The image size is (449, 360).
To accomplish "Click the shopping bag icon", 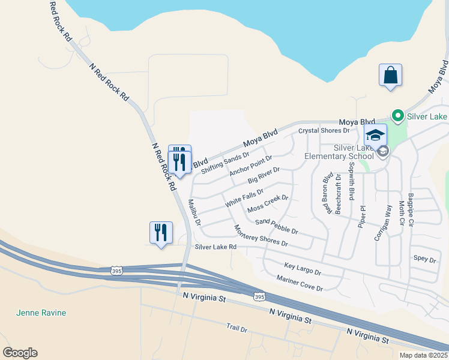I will coord(390,76).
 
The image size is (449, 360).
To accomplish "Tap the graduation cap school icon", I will coord(375,135).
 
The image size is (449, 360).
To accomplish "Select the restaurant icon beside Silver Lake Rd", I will coord(161,233).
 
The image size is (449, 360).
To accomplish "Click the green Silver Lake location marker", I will coord(397,115).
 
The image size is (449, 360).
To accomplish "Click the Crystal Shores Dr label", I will coord(324,130).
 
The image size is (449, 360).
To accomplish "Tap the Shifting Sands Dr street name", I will coord(225,163).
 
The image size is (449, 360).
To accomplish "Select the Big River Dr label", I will coord(264,176).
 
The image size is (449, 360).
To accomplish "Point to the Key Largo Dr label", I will coord(303,268).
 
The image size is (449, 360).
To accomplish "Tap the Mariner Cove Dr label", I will coord(300,283).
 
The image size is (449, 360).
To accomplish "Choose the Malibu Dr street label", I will coord(194,212).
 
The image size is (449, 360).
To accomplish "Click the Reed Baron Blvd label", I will coord(328,194).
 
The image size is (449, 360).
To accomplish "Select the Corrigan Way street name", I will coord(383,222).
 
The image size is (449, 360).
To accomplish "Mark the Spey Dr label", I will coord(424,259).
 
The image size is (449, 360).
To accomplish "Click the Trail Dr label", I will coord(237,328).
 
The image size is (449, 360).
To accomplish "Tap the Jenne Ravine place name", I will coord(41,313).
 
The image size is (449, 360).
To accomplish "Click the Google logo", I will coord(20,353).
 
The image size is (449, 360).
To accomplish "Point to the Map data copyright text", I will coord(423,355).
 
